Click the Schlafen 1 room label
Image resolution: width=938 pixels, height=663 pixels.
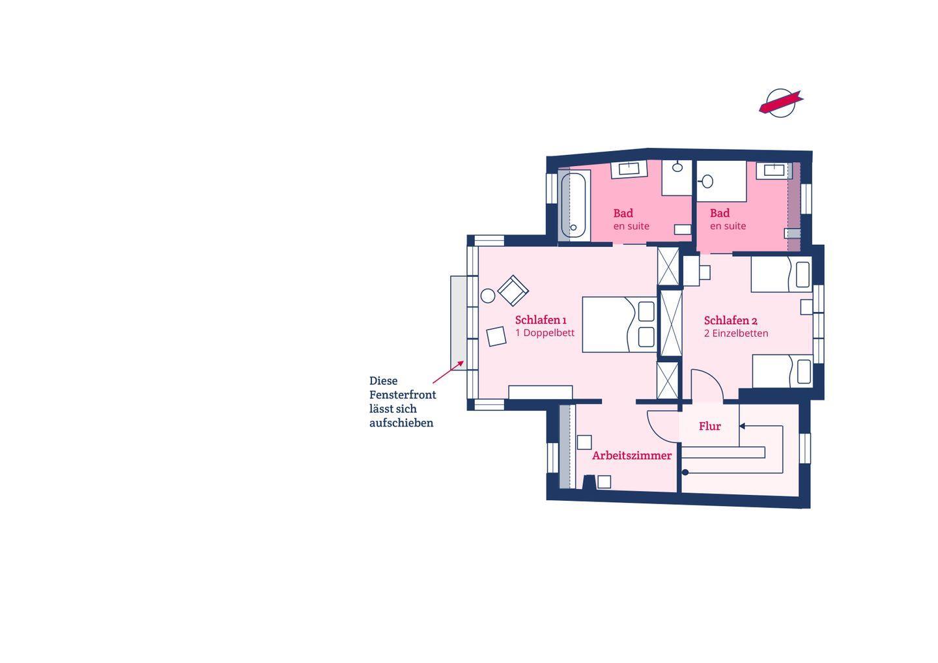point(541,320)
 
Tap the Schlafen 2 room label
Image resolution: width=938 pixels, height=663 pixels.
point(730,320)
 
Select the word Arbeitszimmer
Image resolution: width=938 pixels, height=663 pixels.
point(631,455)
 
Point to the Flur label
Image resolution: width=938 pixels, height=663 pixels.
point(710,426)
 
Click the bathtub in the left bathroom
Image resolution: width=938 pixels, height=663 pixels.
point(573,206)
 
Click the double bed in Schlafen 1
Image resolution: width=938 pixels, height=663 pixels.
point(619,325)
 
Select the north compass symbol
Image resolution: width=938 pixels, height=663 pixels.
point(781,103)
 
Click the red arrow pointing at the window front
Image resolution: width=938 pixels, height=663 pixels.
point(448,372)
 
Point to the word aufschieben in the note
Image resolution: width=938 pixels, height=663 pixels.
point(401,423)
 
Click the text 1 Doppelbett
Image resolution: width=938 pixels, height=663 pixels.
point(545,333)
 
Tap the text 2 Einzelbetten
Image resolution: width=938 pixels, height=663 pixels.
point(736,333)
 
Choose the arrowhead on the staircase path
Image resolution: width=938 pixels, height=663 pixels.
point(742,426)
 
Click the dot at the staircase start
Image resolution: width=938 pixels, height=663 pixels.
point(685,473)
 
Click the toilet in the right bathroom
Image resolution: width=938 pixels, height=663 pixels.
point(707,181)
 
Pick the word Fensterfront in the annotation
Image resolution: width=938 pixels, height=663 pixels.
point(403,395)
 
